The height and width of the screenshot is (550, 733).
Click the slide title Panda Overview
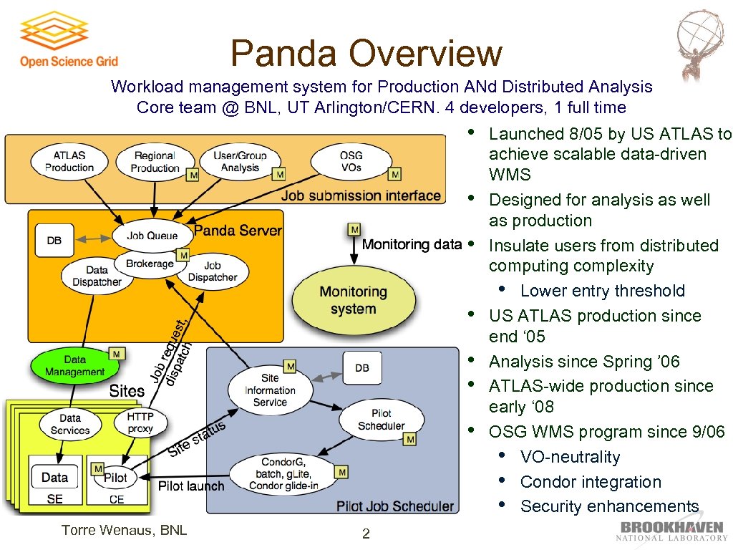(366, 53)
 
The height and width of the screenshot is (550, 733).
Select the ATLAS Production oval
(69, 161)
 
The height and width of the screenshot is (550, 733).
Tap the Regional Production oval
(155, 161)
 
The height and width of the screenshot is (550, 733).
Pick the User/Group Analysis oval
(240, 161)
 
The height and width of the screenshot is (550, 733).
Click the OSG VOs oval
(351, 161)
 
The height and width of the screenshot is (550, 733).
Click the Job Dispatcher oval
(212, 271)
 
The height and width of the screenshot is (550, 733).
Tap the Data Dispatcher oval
(97, 276)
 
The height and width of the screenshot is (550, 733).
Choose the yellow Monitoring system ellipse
(353, 300)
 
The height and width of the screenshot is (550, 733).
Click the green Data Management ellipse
(74, 366)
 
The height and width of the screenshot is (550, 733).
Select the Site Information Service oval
(269, 390)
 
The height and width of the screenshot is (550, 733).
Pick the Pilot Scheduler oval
(381, 420)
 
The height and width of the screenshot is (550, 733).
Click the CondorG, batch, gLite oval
(283, 474)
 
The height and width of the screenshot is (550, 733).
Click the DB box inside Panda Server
(54, 241)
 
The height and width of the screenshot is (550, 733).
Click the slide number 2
(366, 534)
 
